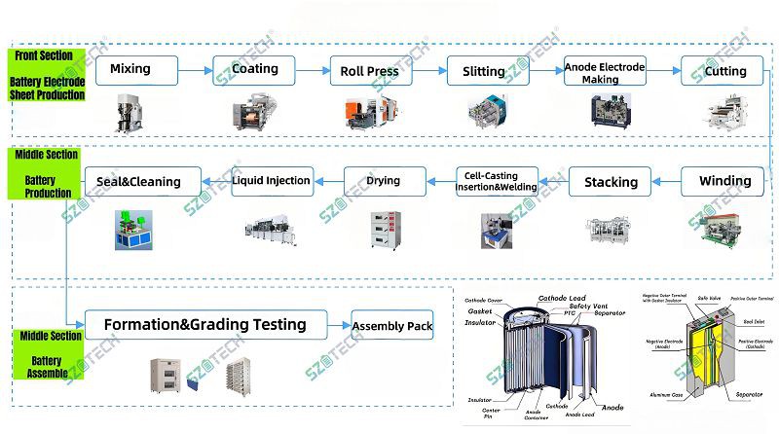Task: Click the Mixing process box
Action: click(x=136, y=70)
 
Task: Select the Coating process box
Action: click(x=254, y=70)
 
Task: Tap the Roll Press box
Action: click(x=370, y=71)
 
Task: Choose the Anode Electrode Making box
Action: click(x=605, y=72)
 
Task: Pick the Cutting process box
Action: click(x=722, y=71)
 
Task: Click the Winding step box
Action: click(x=722, y=181)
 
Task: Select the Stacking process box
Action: click(x=611, y=182)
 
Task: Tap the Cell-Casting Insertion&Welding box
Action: click(x=498, y=182)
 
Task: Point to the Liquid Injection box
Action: click(x=272, y=180)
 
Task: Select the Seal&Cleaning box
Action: click(x=143, y=181)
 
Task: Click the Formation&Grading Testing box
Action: click(x=206, y=326)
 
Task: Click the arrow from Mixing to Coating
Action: click(x=196, y=70)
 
